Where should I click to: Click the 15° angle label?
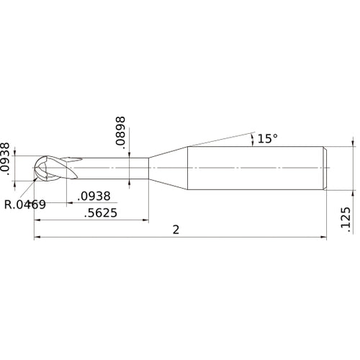(x=268, y=138)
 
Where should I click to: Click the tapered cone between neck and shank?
(x=169, y=168)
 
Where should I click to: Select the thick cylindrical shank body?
(x=256, y=168)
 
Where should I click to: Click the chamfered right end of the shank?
(x=325, y=168)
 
